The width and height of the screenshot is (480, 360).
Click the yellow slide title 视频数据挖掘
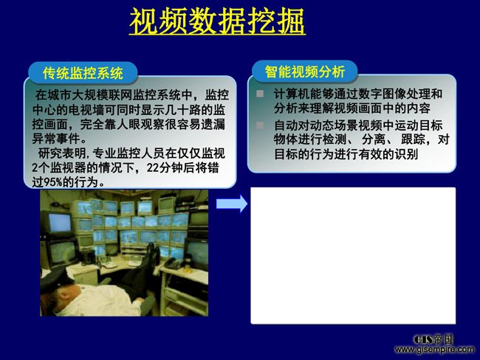point(217,21)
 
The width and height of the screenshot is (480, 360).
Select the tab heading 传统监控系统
point(83,73)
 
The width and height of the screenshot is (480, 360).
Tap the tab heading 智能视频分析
point(305,72)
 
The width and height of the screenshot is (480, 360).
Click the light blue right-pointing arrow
point(232,204)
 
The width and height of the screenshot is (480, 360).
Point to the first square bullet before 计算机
point(260,94)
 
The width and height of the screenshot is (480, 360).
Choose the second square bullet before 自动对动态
point(260,125)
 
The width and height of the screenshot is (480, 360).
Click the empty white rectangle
point(353,255)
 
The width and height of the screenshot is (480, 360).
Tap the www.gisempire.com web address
point(434,349)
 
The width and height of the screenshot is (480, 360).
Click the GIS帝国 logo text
point(433,339)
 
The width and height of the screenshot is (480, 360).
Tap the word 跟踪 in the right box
point(413,139)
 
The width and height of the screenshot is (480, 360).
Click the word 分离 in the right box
point(374,139)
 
